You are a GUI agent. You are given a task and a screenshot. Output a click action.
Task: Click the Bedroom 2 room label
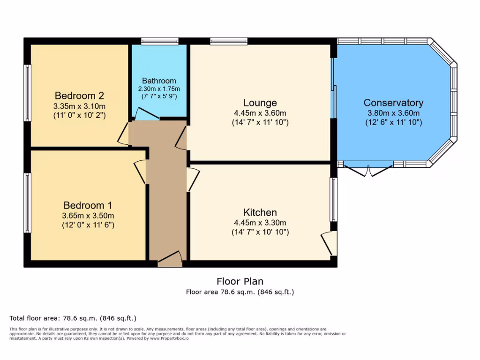[79, 96]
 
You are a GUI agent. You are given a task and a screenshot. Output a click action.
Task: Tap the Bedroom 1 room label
[88, 205]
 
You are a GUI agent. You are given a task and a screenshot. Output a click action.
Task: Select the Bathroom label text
[159, 81]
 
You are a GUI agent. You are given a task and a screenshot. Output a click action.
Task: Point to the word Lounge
[260, 103]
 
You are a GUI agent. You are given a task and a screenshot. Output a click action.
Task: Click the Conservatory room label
[393, 103]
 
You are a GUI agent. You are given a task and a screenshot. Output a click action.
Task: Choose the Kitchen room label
[260, 212]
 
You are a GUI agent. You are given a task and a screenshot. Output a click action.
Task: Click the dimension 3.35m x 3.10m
[79, 106]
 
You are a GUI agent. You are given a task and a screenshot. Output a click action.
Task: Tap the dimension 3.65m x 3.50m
[88, 216]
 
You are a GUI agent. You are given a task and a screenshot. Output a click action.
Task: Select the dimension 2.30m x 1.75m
[159, 89]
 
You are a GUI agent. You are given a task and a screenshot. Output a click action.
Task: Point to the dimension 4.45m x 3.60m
[260, 113]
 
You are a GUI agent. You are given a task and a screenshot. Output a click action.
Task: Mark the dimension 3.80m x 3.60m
[393, 113]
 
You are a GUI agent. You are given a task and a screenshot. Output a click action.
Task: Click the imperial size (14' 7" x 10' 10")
[260, 232]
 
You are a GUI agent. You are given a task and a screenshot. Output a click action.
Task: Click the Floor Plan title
[240, 281]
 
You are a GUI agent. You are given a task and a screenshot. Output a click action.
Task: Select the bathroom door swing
[146, 113]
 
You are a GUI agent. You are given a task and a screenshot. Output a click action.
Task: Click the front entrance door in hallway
[170, 260]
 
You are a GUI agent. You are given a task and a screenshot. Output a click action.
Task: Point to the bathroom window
[160, 41]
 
